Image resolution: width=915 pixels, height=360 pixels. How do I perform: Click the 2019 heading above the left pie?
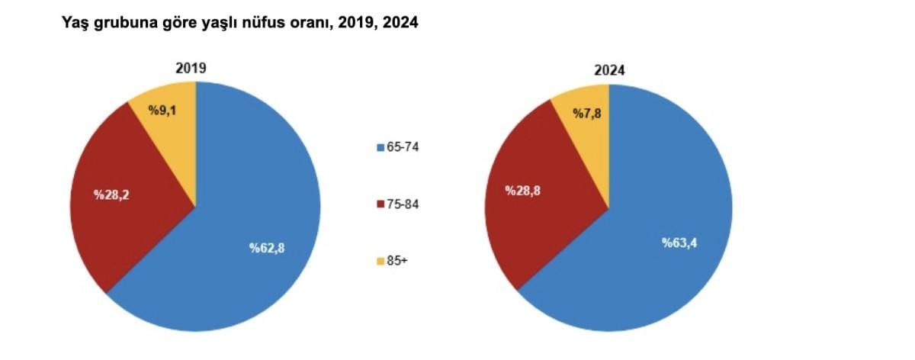[191, 68]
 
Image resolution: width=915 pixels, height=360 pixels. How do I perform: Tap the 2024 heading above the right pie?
[610, 70]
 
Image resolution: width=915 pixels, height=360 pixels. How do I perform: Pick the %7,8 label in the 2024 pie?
[587, 114]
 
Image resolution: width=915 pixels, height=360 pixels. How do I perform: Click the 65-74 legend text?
[404, 146]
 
